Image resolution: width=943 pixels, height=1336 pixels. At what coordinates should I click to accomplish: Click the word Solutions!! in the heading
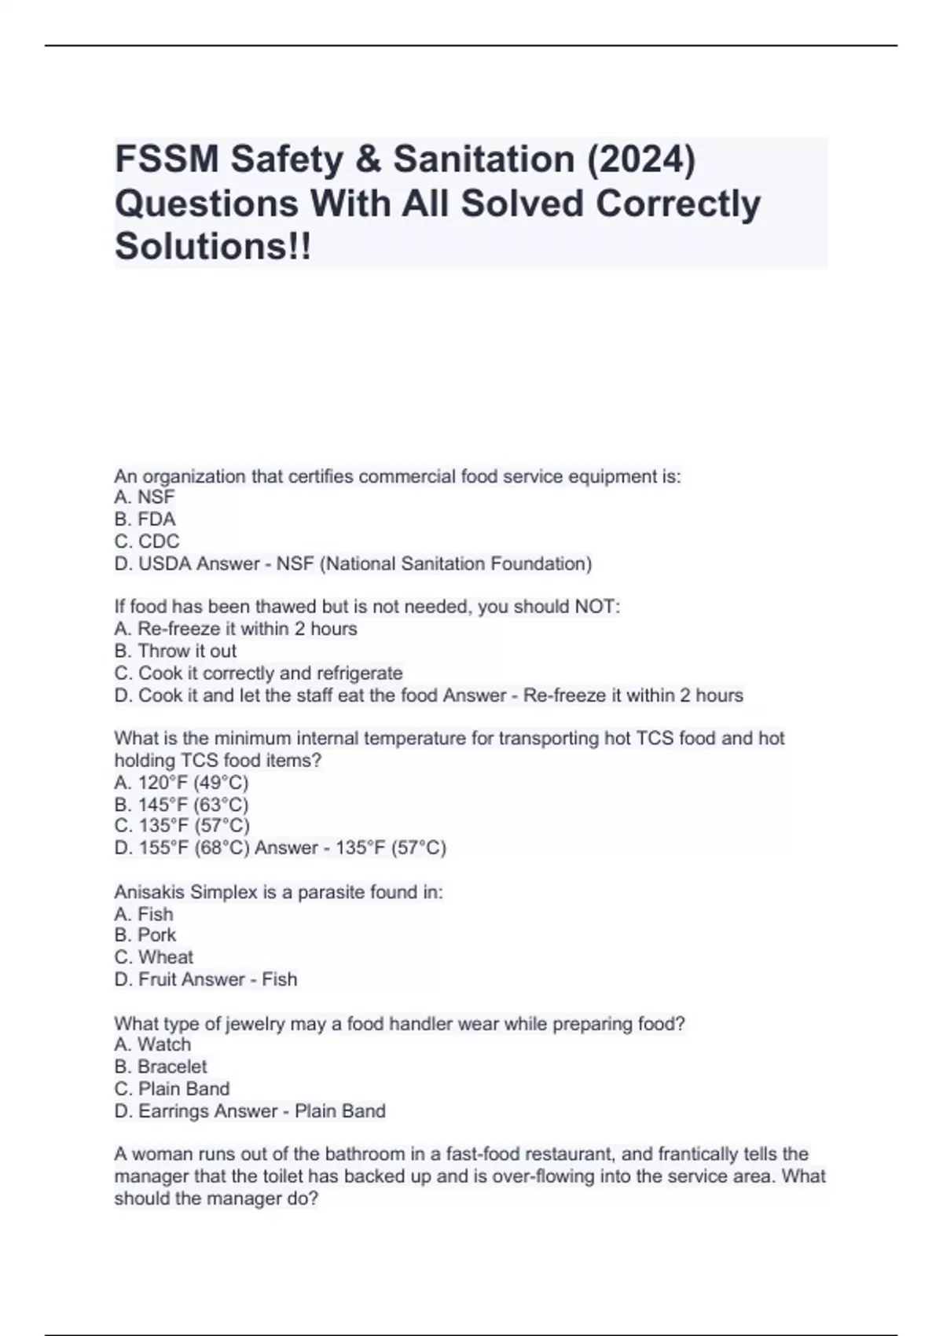(213, 246)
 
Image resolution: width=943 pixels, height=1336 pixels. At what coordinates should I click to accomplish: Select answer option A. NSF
(145, 497)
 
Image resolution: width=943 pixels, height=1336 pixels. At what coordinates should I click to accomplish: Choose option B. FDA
(145, 519)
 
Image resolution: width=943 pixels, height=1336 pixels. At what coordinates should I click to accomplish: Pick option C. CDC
(147, 541)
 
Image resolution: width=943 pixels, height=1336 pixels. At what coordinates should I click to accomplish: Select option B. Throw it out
(175, 651)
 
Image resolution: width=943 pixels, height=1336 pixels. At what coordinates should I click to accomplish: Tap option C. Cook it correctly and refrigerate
(259, 673)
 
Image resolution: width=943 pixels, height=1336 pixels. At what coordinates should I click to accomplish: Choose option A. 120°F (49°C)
(182, 782)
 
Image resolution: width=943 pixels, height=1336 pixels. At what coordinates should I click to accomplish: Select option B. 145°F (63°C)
(182, 804)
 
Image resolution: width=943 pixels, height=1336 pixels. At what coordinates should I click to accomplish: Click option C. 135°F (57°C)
(182, 825)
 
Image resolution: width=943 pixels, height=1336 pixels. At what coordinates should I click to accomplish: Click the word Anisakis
(147, 892)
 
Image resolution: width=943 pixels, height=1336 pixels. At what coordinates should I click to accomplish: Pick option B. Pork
(145, 934)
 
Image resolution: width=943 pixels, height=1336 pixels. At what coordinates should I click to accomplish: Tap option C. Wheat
(154, 956)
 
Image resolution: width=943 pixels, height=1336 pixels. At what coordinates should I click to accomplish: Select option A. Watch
(152, 1044)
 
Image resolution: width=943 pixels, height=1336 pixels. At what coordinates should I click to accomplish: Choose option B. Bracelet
(160, 1066)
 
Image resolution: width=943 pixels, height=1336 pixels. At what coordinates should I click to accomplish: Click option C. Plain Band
(172, 1088)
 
